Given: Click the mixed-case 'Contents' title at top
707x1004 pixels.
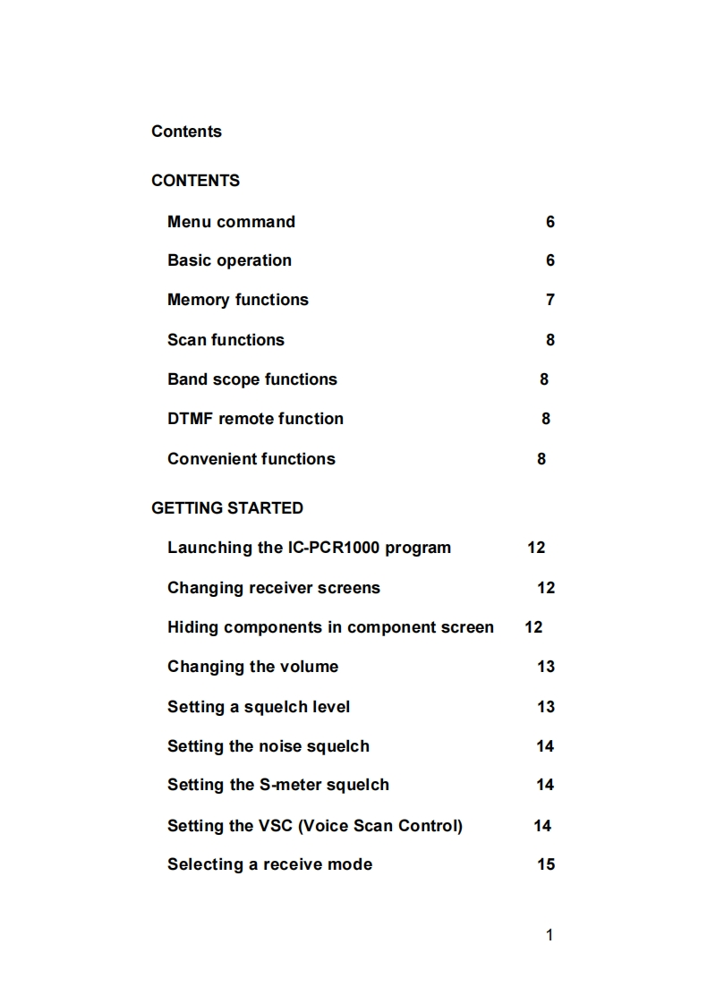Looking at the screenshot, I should (186, 132).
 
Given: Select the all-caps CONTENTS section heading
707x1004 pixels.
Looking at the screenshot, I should (195, 181).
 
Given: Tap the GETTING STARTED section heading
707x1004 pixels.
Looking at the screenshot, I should (227, 508).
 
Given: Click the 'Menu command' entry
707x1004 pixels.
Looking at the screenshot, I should (231, 222).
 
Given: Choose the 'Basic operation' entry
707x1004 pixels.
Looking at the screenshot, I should (229, 260).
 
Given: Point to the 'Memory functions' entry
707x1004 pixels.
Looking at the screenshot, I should (237, 300).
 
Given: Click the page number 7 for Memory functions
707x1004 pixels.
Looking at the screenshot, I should (550, 300).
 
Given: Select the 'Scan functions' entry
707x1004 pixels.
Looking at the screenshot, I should (226, 340).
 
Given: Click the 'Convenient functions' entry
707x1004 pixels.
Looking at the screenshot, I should (251, 459).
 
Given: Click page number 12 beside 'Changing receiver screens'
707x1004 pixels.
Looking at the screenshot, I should (546, 588).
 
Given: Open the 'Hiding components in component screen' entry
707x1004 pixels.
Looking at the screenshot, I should (330, 627).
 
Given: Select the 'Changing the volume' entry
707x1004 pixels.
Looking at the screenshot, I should (252, 667).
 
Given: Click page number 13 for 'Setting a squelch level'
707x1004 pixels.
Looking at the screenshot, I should (546, 707).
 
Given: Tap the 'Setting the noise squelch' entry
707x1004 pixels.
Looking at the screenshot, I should (268, 746).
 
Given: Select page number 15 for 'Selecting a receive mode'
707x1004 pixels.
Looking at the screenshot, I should (546, 864).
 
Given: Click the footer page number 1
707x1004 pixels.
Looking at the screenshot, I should (549, 935).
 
